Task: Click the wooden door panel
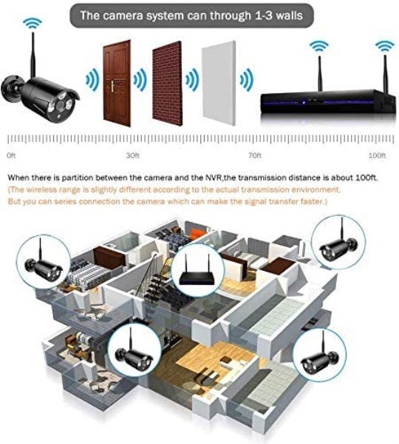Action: tap(117, 84)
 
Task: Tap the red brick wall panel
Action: tap(167, 84)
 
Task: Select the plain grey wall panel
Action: tap(219, 84)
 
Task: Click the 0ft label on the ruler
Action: tap(11, 155)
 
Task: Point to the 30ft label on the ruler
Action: tap(132, 155)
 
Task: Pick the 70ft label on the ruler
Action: tap(254, 155)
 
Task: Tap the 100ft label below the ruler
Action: tap(378, 155)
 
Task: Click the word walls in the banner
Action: tap(289, 16)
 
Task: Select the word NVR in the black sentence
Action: tap(212, 178)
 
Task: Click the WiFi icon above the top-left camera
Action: tap(33, 23)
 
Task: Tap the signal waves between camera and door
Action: tap(92, 80)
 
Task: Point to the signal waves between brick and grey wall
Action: tap(192, 80)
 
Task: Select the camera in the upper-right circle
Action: tap(338, 245)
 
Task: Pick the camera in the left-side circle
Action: tap(44, 266)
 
